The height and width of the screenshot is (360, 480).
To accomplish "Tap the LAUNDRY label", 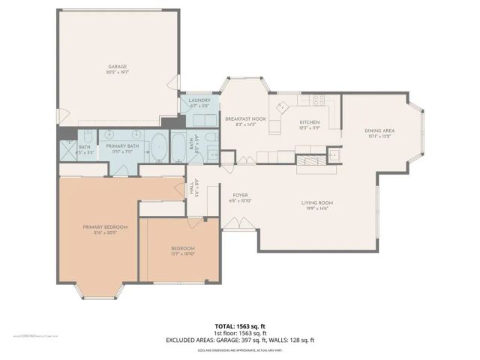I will click(x=199, y=100).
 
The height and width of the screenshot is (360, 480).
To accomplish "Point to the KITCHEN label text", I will click(x=310, y=121).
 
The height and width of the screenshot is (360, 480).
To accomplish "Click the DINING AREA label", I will click(x=379, y=130).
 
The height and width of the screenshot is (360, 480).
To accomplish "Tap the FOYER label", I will click(x=240, y=195).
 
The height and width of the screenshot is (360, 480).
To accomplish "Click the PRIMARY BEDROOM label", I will click(x=105, y=226).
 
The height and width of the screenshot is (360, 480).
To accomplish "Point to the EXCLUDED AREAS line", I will click(x=239, y=340).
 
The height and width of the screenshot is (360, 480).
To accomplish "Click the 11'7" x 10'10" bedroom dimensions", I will click(x=182, y=254).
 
